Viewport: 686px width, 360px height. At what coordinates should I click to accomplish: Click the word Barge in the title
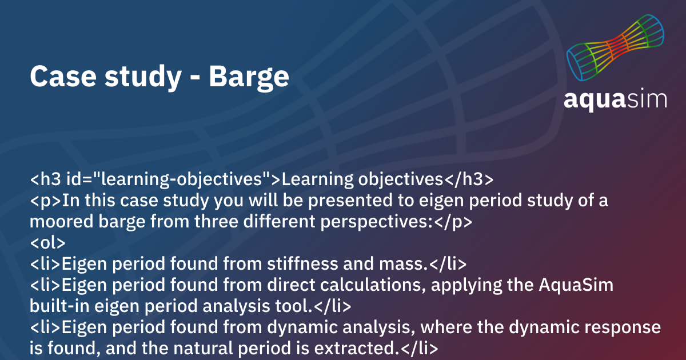coord(249,77)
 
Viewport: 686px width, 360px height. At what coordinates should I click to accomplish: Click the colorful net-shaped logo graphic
coord(616,49)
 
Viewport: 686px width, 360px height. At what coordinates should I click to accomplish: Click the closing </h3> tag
coord(468,179)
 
